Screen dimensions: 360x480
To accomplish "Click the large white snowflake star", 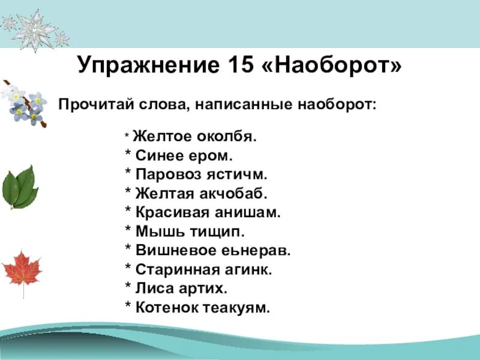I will [34, 30].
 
